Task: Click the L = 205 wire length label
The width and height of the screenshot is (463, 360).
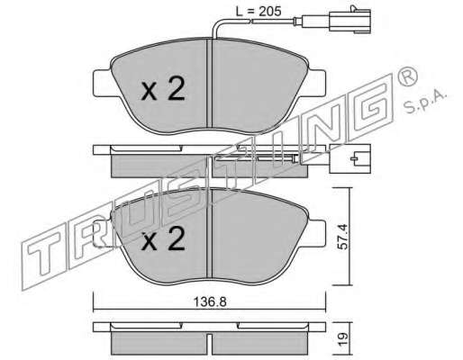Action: click(x=259, y=12)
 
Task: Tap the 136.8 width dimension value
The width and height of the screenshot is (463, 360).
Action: click(x=209, y=301)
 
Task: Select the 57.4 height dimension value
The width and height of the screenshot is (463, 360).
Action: click(x=342, y=237)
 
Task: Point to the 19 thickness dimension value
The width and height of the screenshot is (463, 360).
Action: click(x=343, y=338)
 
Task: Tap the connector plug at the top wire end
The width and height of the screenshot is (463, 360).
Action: click(x=350, y=22)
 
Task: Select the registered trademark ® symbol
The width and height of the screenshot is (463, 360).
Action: click(x=407, y=77)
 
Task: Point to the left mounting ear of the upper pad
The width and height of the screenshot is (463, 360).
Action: click(x=103, y=83)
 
